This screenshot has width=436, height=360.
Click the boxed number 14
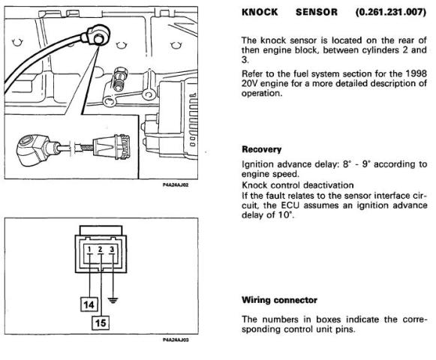click(89, 304)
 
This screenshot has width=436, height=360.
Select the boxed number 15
click(101, 322)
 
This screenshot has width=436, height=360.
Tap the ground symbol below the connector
click(113, 300)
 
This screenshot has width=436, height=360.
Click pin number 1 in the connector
click(89, 249)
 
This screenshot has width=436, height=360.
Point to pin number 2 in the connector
click(101, 249)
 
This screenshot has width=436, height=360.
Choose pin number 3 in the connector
click(112, 249)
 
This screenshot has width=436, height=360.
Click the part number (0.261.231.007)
click(391, 12)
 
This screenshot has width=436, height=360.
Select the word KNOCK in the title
click(260, 12)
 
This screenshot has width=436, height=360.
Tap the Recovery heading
click(261, 149)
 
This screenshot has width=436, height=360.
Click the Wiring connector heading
click(279, 300)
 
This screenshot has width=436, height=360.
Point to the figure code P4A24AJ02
click(176, 184)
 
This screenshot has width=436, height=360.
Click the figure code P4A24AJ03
click(176, 340)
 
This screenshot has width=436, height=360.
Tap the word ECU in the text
click(290, 205)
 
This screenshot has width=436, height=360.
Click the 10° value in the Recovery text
click(285, 215)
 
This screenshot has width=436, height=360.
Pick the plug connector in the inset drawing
click(111, 146)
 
